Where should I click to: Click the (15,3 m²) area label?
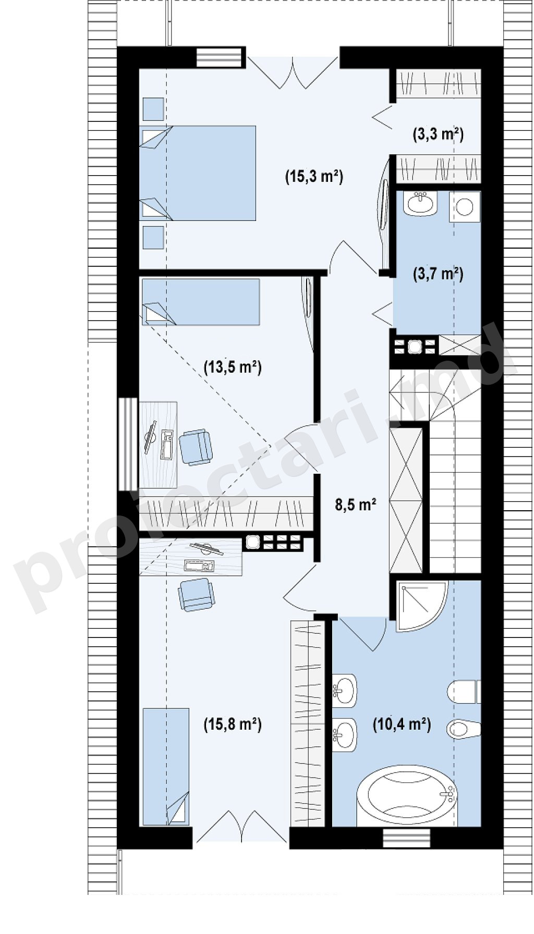[x=314, y=176]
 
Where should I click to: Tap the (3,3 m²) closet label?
[x=438, y=134]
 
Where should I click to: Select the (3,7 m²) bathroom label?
[x=438, y=273]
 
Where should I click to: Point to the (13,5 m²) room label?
[x=232, y=367]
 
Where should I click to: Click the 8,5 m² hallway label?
[x=356, y=505]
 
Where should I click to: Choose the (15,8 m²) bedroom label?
[x=232, y=724]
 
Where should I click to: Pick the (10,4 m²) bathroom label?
[x=402, y=724]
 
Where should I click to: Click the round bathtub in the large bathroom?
[x=405, y=795]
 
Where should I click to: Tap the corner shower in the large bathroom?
[x=421, y=606]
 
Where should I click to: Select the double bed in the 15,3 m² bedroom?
[x=198, y=173]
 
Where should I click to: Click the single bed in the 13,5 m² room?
[x=200, y=302]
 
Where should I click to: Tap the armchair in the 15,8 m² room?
[x=196, y=594]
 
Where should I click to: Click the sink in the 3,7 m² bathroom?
[x=420, y=203]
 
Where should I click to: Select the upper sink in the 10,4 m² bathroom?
[x=344, y=690]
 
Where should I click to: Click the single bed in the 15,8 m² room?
[x=166, y=766]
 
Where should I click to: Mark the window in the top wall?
[x=221, y=57]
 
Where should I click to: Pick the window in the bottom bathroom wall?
[x=407, y=838]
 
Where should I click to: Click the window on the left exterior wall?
[x=128, y=444]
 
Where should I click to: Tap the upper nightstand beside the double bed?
[x=153, y=109]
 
